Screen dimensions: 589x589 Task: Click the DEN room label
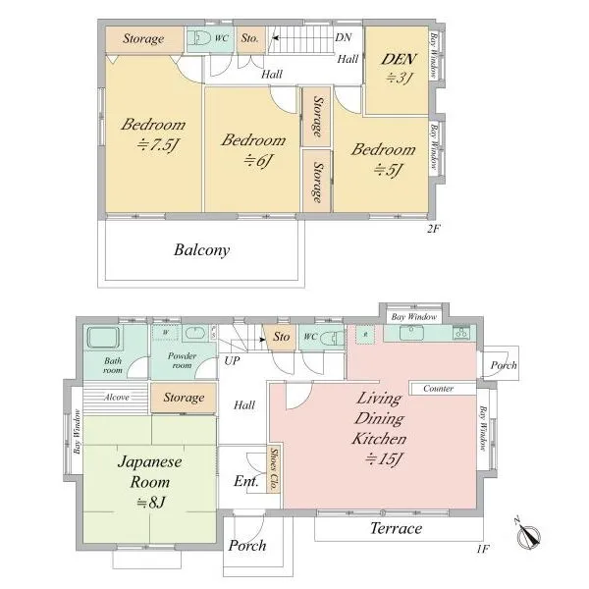tap(399, 59)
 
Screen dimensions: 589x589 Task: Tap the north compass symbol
tap(528, 534)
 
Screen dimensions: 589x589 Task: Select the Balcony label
tap(201, 250)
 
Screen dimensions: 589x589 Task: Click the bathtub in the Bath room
tap(103, 337)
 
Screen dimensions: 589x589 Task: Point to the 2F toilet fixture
tap(199, 38)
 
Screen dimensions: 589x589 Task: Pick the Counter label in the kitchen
tap(439, 389)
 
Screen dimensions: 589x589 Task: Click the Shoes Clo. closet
tap(274, 469)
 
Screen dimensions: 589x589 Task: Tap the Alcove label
tap(117, 398)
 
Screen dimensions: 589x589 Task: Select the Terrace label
tap(396, 528)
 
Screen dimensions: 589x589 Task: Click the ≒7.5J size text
tap(157, 144)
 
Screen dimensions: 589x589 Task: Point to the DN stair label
tap(343, 37)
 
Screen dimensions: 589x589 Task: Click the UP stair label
tap(232, 360)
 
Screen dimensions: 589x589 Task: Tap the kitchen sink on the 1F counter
tap(411, 333)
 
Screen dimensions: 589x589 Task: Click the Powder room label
tap(182, 360)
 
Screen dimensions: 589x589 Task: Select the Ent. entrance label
tap(246, 481)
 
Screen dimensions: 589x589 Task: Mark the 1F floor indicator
tap(483, 549)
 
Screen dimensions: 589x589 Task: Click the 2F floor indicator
tap(433, 229)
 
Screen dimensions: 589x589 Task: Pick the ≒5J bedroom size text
tap(388, 170)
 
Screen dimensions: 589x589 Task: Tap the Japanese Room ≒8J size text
tap(150, 503)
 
